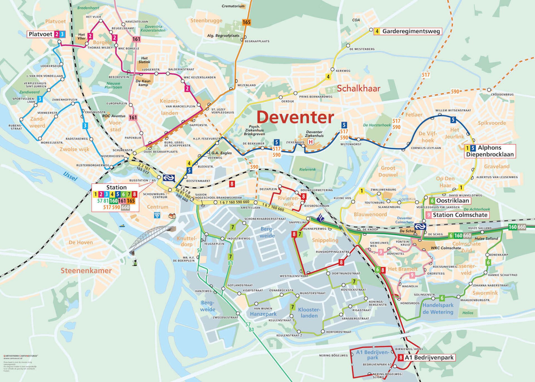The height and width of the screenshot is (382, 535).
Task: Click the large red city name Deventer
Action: point(295,117)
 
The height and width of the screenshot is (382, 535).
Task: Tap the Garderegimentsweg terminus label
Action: point(408,31)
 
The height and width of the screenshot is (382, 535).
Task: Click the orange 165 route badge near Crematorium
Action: point(246,22)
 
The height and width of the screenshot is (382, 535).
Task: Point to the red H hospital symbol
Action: point(310,142)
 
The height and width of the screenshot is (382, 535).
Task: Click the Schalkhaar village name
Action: point(359,89)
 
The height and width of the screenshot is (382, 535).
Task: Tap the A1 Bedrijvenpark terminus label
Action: point(426,358)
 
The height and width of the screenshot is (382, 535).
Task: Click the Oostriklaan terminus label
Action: point(449,200)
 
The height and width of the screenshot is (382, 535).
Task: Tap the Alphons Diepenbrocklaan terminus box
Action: point(490,151)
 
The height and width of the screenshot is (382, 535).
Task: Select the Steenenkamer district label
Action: point(86,271)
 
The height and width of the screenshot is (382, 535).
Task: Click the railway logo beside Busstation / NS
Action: point(169,178)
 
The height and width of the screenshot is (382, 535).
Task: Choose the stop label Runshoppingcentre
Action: point(332,252)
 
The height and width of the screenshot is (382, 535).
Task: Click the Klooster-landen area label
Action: point(309,313)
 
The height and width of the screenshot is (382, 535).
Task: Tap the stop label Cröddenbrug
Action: point(502,95)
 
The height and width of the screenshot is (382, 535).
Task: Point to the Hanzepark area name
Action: point(263,314)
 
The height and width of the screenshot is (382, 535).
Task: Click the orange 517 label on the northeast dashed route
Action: point(425,75)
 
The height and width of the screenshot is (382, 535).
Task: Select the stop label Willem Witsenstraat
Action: point(453,110)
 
